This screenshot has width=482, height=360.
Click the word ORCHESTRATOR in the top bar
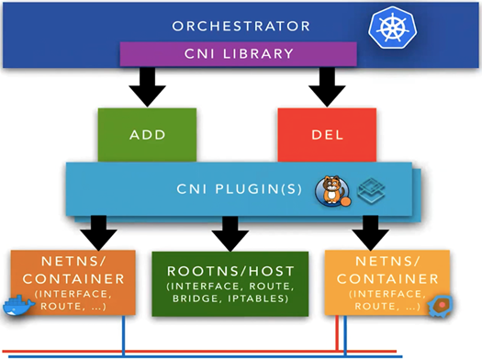tap(241, 26)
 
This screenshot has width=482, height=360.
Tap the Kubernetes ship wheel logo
tap(393, 28)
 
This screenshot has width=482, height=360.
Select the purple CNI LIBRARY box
tap(238, 54)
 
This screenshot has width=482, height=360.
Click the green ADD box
tap(147, 135)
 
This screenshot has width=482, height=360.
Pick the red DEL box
tap(327, 135)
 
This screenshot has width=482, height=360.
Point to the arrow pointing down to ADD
tap(147, 87)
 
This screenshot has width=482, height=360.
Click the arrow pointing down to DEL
tap(327, 87)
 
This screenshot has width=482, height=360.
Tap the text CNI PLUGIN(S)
tap(239, 189)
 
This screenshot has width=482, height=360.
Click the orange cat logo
tap(332, 191)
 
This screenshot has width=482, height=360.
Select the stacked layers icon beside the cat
tap(371, 189)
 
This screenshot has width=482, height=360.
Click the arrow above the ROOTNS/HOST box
tap(230, 233)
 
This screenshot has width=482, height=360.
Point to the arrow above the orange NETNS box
tap(98, 233)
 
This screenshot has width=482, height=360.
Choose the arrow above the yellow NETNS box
tap(370, 233)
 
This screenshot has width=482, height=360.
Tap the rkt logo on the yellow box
tap(440, 306)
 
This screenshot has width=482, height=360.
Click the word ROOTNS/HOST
tap(230, 271)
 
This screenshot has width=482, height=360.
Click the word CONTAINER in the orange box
tap(73, 279)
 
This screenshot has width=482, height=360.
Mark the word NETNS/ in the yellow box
tap(387, 262)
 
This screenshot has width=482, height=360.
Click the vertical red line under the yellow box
tap(337, 333)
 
